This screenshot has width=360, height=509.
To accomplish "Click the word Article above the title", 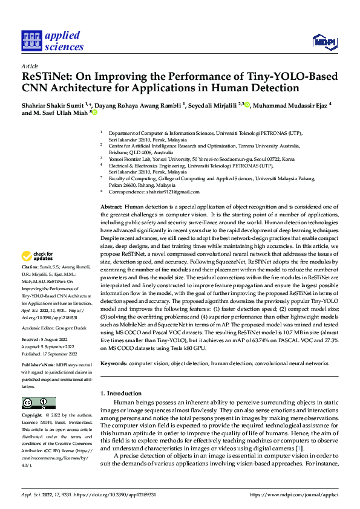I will pyautogui.click(x=30, y=65).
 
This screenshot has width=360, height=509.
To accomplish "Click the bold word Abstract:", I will pyautogui.click(x=111, y=207).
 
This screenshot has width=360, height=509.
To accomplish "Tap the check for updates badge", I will pyautogui.click(x=38, y=257).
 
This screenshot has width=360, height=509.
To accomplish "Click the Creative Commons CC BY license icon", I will pyautogui.click(x=38, y=403).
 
